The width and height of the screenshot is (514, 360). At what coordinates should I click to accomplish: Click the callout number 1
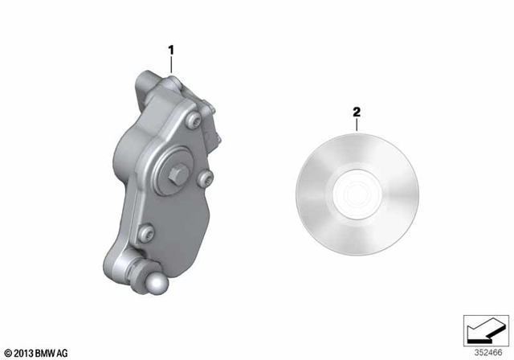click(171, 50)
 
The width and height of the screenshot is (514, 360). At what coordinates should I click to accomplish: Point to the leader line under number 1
click(171, 65)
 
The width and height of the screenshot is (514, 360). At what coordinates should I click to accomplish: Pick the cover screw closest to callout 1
click(194, 120)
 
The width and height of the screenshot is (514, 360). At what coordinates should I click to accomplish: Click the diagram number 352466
click(486, 352)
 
